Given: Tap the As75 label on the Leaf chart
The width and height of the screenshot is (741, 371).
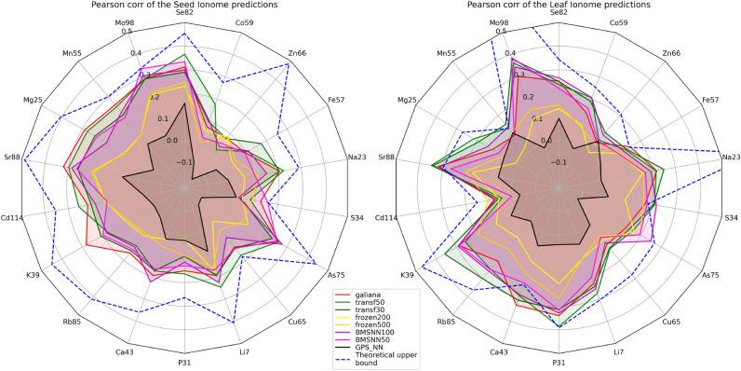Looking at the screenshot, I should pos(710,275).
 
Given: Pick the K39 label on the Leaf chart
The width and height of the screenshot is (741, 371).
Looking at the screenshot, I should pos(407,275).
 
